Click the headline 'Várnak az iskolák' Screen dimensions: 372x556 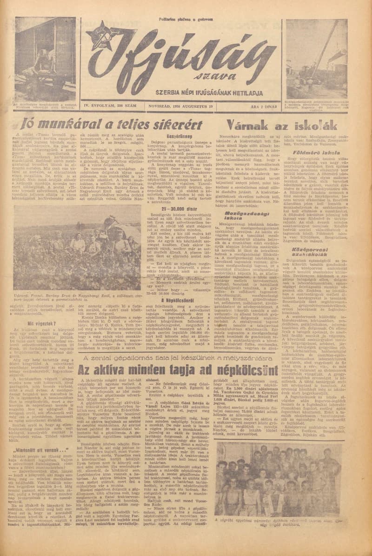tap(275, 125)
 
